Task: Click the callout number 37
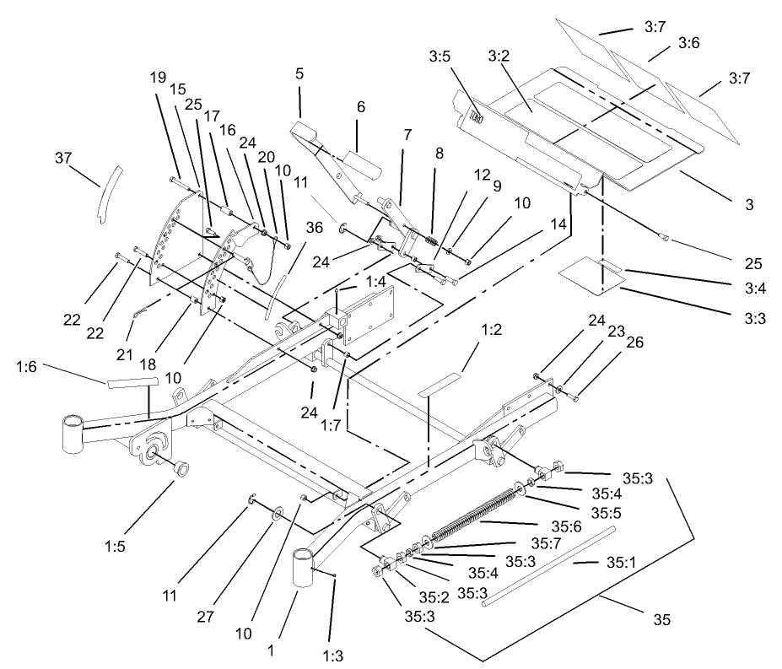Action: click(64, 159)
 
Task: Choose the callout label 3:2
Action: click(498, 57)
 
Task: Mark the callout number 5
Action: click(299, 73)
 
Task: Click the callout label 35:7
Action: click(546, 542)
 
